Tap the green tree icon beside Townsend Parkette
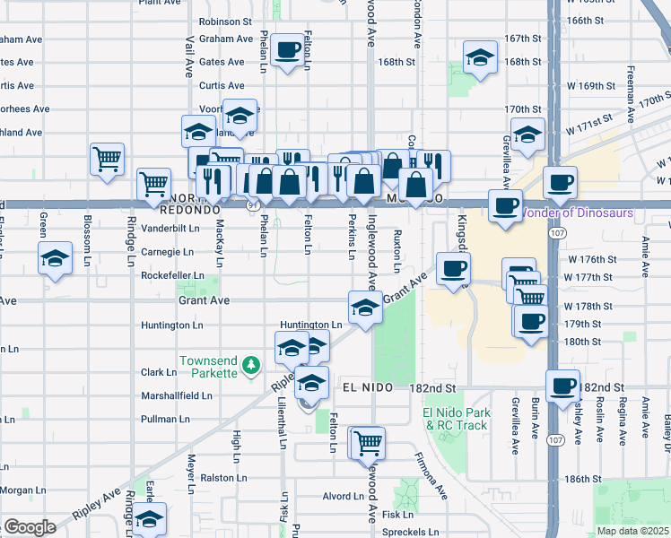(x=254, y=364)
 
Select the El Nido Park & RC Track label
(x=454, y=419)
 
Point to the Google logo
(x=30, y=527)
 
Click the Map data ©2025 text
(x=632, y=531)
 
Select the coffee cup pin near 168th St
(x=287, y=50)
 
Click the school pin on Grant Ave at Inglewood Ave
(x=365, y=308)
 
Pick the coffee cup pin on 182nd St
(x=562, y=386)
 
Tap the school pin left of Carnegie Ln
(x=55, y=259)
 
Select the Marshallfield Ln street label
(x=176, y=395)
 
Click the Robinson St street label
(x=225, y=21)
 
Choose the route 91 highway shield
(x=255, y=205)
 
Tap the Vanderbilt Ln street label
(x=170, y=229)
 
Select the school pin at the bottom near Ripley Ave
(x=149, y=520)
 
